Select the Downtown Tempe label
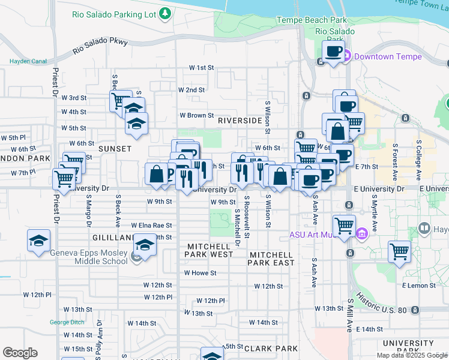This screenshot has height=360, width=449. (387, 57)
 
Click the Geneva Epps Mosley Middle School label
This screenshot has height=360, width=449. (89, 257)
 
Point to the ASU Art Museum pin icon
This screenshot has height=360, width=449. (361, 233)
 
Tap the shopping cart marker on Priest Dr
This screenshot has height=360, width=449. (63, 178)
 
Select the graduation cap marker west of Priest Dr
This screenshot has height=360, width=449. (38, 241)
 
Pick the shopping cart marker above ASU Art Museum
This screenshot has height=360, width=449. (344, 226)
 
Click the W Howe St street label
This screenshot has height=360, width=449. (199, 273)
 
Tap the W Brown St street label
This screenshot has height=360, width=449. (197, 115)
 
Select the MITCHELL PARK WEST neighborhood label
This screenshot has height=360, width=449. (209, 251)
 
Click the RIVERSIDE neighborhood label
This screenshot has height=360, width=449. (240, 121)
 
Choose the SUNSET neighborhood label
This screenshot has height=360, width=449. (114, 148)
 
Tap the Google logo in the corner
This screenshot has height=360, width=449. (20, 353)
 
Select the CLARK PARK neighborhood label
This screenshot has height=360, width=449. (271, 349)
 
